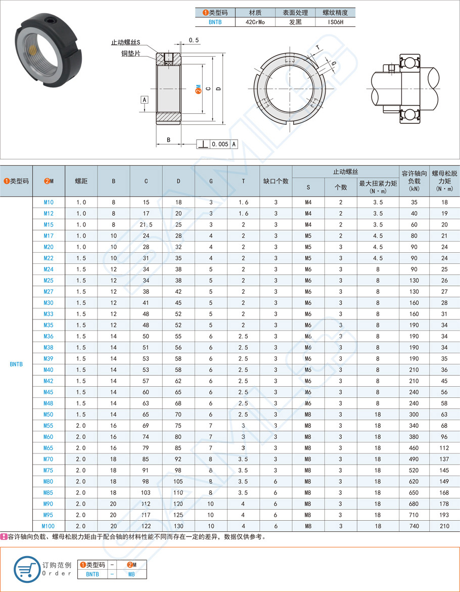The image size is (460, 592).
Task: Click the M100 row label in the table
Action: click(x=49, y=525)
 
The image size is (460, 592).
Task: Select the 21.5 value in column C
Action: click(x=146, y=224)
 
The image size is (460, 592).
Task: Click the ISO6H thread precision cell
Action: click(x=335, y=23)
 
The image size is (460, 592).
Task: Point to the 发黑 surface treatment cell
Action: click(x=295, y=23)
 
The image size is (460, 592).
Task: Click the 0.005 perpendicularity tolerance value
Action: click(x=220, y=145)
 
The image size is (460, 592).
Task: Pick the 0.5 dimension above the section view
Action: click(x=194, y=40)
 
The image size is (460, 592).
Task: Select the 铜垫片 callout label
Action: click(x=130, y=53)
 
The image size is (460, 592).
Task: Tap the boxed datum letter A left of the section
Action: click(x=145, y=100)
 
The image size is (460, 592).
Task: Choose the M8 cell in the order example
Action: click(x=131, y=574)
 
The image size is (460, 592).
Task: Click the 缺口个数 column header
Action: click(x=275, y=181)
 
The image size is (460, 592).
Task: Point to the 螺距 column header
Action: click(x=81, y=181)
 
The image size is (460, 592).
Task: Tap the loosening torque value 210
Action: click(x=444, y=525)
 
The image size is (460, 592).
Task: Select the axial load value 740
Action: click(x=414, y=525)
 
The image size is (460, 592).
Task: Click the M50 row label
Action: click(x=49, y=415)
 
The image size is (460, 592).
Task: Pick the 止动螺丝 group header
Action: click(x=345, y=172)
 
